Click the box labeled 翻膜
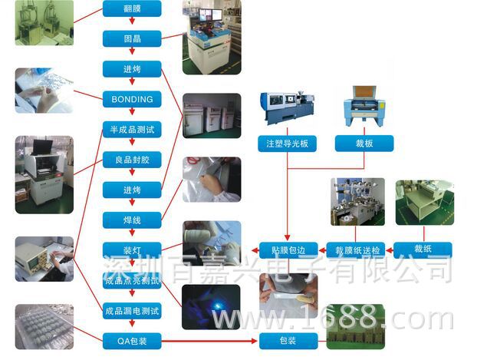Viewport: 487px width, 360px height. point(132,9)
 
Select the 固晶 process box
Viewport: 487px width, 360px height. point(132,38)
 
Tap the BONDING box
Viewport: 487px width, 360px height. point(132,99)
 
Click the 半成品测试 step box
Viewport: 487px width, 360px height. point(132,130)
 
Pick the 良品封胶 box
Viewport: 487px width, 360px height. point(132,160)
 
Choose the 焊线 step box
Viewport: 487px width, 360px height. point(132,220)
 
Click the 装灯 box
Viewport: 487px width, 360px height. point(132,250)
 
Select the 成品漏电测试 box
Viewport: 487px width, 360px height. point(132,311)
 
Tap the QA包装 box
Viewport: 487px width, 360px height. point(132,340)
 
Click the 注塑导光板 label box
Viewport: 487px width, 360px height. point(287,144)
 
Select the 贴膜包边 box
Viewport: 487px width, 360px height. point(288,249)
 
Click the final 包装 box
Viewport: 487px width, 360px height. point(288,340)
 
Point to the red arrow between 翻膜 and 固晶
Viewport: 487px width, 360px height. point(132,24)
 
